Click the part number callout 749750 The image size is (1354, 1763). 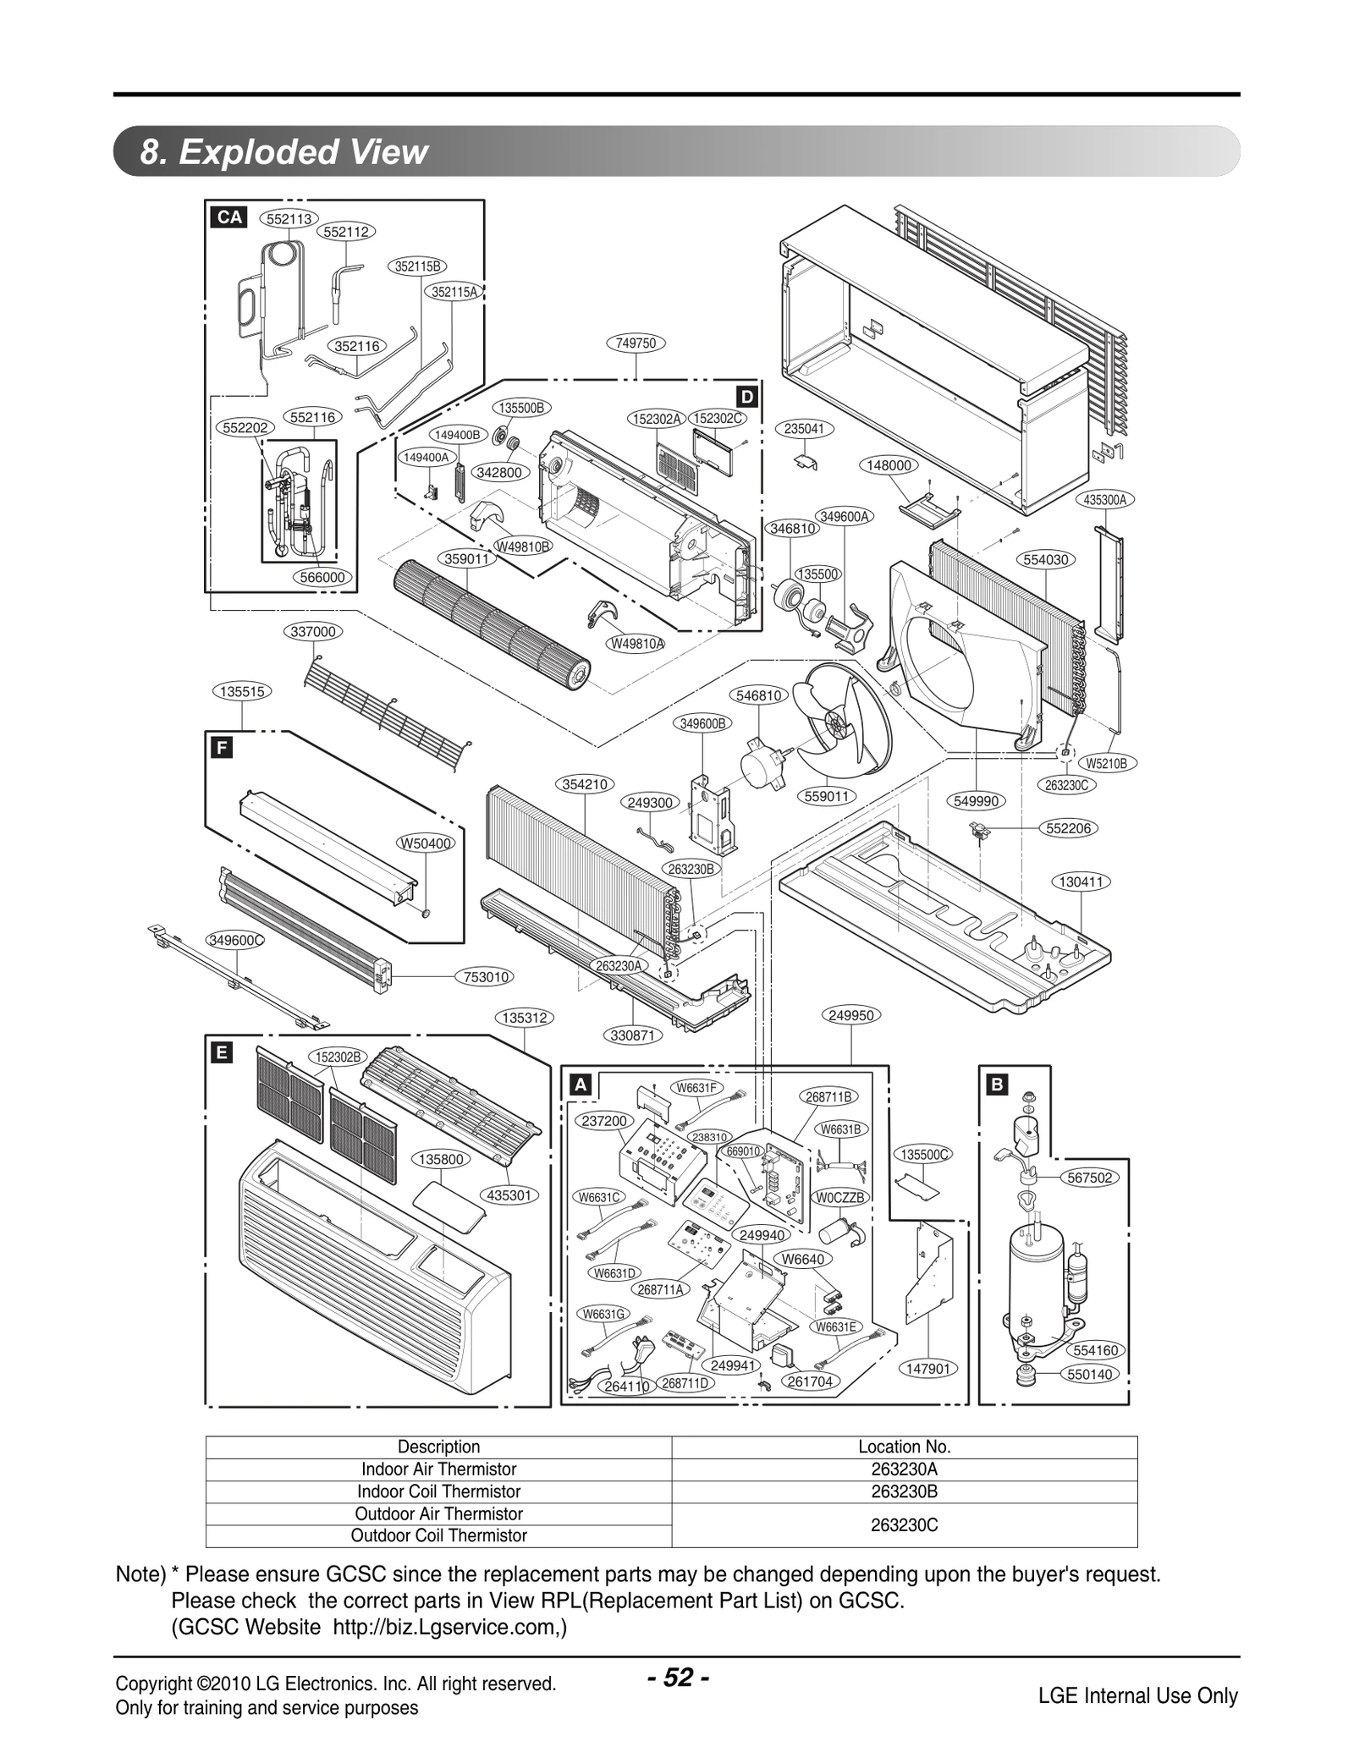click(x=636, y=343)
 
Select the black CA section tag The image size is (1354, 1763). click(x=229, y=217)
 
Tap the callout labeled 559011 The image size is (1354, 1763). click(x=826, y=796)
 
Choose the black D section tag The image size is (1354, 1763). click(x=746, y=397)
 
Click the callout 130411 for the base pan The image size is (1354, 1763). click(x=1082, y=881)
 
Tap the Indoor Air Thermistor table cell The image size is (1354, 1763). click(x=438, y=1469)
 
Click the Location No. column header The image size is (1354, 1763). click(x=904, y=1447)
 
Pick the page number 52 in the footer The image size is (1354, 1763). click(x=678, y=1677)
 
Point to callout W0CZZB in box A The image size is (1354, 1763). click(x=839, y=1197)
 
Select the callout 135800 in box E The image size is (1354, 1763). click(x=441, y=1159)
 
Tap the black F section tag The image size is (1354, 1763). click(x=222, y=748)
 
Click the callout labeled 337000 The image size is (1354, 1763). click(x=312, y=631)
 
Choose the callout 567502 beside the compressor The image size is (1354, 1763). click(x=1090, y=1178)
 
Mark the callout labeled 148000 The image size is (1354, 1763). click(x=889, y=465)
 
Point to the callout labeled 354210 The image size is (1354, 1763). click(x=586, y=784)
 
